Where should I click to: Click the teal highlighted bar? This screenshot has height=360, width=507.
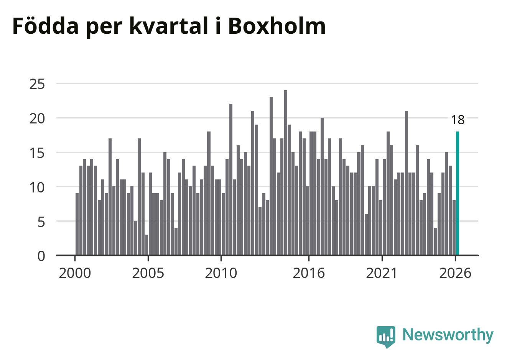click(x=457, y=193)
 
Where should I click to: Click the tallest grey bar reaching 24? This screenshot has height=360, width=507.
click(x=286, y=173)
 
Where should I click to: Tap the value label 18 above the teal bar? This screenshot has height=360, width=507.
click(x=458, y=120)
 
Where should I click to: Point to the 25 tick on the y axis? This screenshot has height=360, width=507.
click(x=37, y=84)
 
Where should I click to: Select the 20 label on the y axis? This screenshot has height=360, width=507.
click(x=37, y=119)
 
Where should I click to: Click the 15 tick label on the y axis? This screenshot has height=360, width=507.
click(x=37, y=153)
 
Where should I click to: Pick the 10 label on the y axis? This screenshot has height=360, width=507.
click(x=37, y=187)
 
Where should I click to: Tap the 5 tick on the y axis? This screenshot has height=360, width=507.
click(x=41, y=222)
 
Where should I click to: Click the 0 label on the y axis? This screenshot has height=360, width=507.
click(x=41, y=256)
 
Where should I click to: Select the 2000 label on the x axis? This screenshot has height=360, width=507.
click(x=75, y=273)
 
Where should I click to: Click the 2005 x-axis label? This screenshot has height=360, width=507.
click(x=148, y=273)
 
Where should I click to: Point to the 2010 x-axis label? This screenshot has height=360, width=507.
click(x=221, y=273)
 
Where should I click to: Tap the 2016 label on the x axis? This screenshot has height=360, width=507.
click(x=309, y=273)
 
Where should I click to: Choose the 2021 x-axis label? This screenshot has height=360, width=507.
click(x=382, y=273)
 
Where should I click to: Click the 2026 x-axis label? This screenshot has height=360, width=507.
click(x=455, y=273)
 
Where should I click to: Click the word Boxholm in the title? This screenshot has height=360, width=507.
click(x=277, y=26)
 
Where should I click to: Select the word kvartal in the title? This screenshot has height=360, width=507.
click(x=169, y=26)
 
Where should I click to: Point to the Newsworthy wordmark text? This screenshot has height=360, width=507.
click(x=448, y=335)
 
